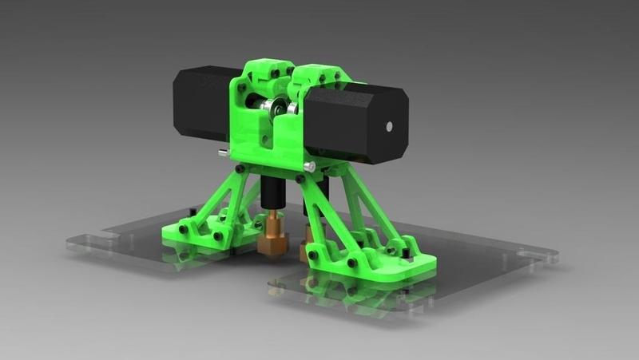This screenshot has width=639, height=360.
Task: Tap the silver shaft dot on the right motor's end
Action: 389,125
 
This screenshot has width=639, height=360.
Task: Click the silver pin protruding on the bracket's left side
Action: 222,152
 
